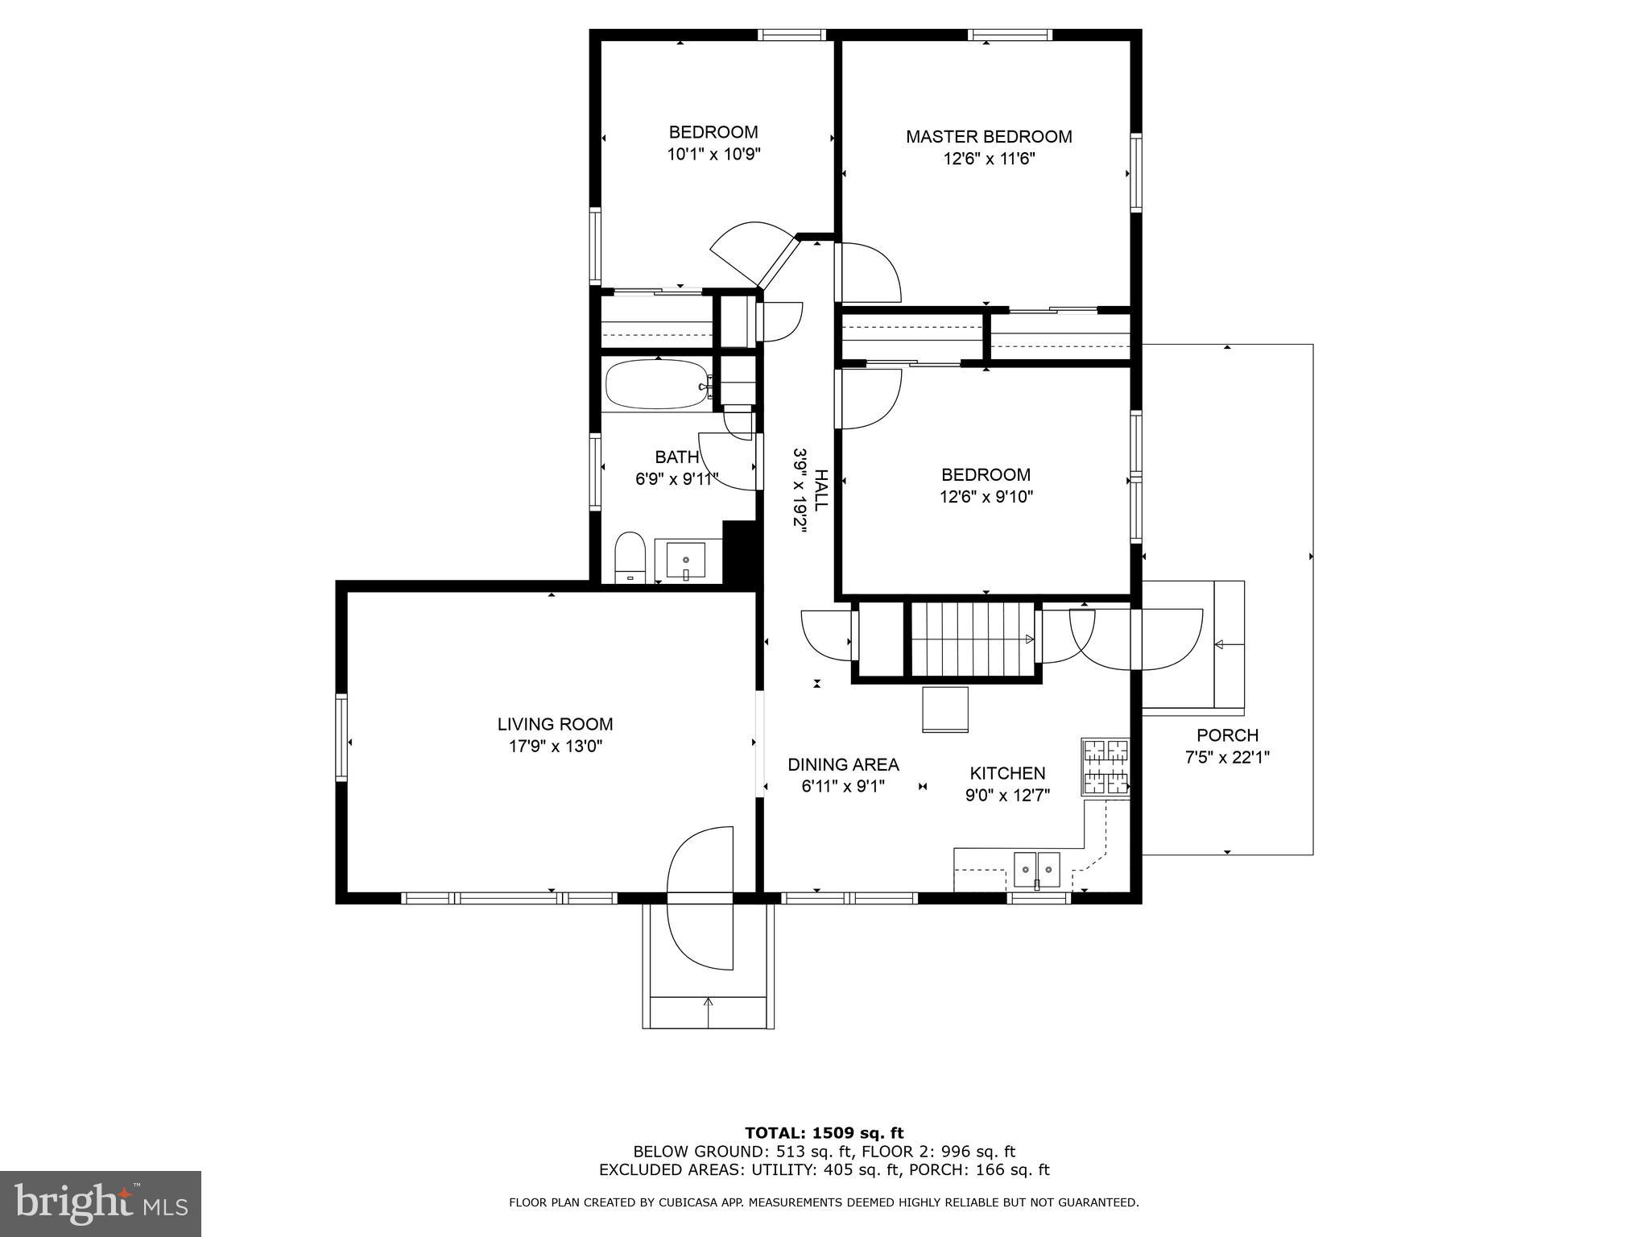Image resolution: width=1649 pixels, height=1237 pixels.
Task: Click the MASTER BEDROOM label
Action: point(989,137)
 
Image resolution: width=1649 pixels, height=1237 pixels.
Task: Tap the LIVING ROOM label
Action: point(555,725)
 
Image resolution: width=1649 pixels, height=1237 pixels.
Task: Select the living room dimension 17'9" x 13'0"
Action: point(556,747)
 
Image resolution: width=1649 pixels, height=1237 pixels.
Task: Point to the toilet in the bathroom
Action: point(630,556)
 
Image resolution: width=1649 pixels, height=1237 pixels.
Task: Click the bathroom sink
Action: point(685,560)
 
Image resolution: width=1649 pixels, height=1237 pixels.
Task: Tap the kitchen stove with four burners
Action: point(1106,767)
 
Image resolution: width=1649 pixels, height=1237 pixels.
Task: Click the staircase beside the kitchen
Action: point(973,640)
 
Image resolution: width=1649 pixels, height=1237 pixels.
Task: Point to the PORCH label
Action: point(1227,735)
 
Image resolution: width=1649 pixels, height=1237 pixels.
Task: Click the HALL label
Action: point(820,490)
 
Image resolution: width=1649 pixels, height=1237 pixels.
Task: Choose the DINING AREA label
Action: point(843,765)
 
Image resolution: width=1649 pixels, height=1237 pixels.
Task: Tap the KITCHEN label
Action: point(1007,774)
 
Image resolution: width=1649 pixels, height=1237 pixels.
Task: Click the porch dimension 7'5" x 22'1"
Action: point(1227,757)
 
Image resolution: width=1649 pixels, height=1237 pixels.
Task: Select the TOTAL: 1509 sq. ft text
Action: point(824,1133)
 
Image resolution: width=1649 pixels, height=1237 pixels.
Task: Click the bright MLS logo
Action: point(101,1203)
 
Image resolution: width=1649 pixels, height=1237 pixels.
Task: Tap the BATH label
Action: point(676,457)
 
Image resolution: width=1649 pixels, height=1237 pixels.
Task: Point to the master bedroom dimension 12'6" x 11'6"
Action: point(989,159)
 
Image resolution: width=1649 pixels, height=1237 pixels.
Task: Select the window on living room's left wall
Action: point(341,738)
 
